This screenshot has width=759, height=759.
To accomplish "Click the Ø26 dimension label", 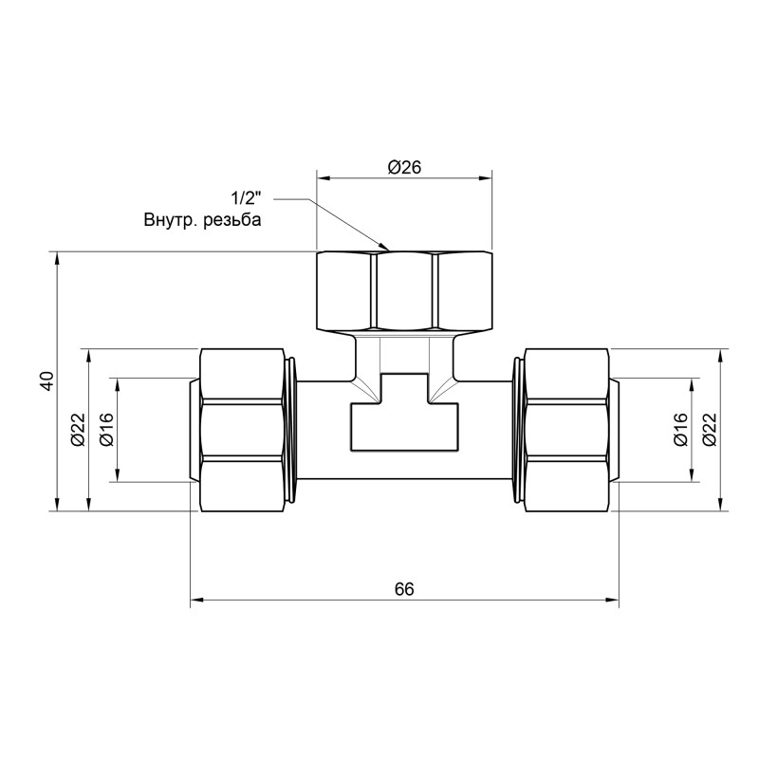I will click(x=404, y=167).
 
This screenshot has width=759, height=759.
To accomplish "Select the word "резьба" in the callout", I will click(x=230, y=220).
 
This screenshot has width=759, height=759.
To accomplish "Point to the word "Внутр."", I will click(x=169, y=220).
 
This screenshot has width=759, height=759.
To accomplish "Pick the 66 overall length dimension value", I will click(x=404, y=589).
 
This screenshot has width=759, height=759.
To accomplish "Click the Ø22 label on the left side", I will click(x=78, y=430).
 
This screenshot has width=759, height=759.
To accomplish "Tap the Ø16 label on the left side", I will click(x=106, y=430).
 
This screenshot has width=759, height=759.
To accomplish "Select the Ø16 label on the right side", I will click(x=680, y=430).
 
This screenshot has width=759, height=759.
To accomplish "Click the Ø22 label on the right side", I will click(x=709, y=430).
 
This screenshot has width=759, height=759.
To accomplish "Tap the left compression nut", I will click(x=244, y=430).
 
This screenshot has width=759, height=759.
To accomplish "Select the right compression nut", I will click(x=565, y=430).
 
